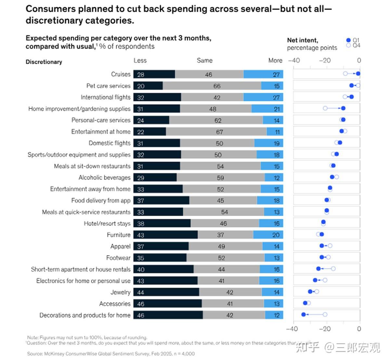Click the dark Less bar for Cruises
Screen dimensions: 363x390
point(154,74)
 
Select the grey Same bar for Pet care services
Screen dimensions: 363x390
point(212,86)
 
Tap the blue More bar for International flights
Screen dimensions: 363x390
point(263,97)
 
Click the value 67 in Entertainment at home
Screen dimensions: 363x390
point(220,132)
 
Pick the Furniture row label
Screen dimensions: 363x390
point(119,235)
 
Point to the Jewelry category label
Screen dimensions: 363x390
point(120,292)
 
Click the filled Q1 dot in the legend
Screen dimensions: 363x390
point(349,40)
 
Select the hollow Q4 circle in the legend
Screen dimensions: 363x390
point(349,46)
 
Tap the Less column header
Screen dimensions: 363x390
point(140,61)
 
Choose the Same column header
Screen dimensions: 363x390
point(204,61)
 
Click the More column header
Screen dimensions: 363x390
point(275,61)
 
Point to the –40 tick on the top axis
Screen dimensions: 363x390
point(294,61)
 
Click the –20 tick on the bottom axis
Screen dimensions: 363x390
point(325,329)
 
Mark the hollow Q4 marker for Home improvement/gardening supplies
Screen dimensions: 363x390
point(325,108)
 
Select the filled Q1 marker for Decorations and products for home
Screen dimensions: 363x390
point(304,314)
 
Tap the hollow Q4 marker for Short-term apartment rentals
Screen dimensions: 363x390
point(333,269)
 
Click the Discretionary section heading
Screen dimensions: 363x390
point(44,62)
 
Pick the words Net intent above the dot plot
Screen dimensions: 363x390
point(303,40)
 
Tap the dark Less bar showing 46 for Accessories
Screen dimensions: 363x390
point(168,304)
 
